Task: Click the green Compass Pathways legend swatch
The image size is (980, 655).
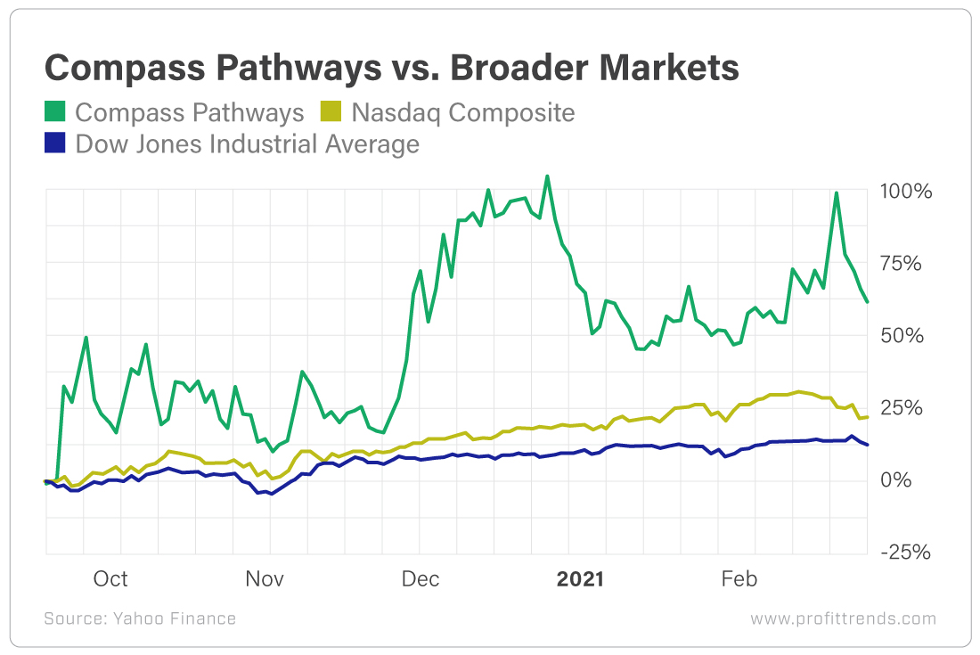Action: click(55, 113)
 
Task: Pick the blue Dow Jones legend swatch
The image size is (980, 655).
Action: click(55, 143)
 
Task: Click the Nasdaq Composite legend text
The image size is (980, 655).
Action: click(462, 113)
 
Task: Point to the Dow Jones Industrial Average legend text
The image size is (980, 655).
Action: click(247, 143)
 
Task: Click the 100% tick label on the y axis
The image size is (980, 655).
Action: click(906, 192)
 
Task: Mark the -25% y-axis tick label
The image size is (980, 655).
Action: click(906, 553)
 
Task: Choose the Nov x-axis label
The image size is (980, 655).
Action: click(265, 579)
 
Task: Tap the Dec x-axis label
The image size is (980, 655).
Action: click(421, 579)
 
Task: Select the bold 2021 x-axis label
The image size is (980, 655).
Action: click(580, 579)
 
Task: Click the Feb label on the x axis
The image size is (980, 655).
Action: click(739, 579)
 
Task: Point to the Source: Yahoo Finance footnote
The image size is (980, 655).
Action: click(140, 618)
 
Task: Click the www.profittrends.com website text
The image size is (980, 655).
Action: click(843, 618)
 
